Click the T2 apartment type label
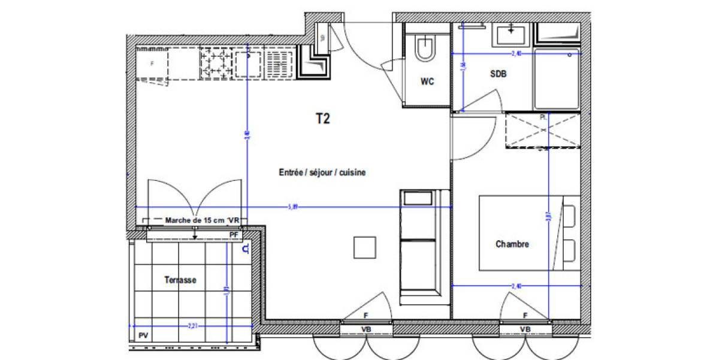(x=323, y=119)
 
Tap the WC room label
(x=427, y=82)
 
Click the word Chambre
(x=512, y=244)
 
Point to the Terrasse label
(x=180, y=280)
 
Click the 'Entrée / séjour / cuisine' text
(x=322, y=173)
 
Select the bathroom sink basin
(x=511, y=34)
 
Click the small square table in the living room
(x=364, y=247)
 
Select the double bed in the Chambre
(x=527, y=233)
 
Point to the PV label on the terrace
(x=143, y=335)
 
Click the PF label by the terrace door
(x=234, y=234)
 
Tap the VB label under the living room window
(x=366, y=329)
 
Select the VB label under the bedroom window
(x=525, y=329)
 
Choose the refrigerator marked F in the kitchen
(x=152, y=63)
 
